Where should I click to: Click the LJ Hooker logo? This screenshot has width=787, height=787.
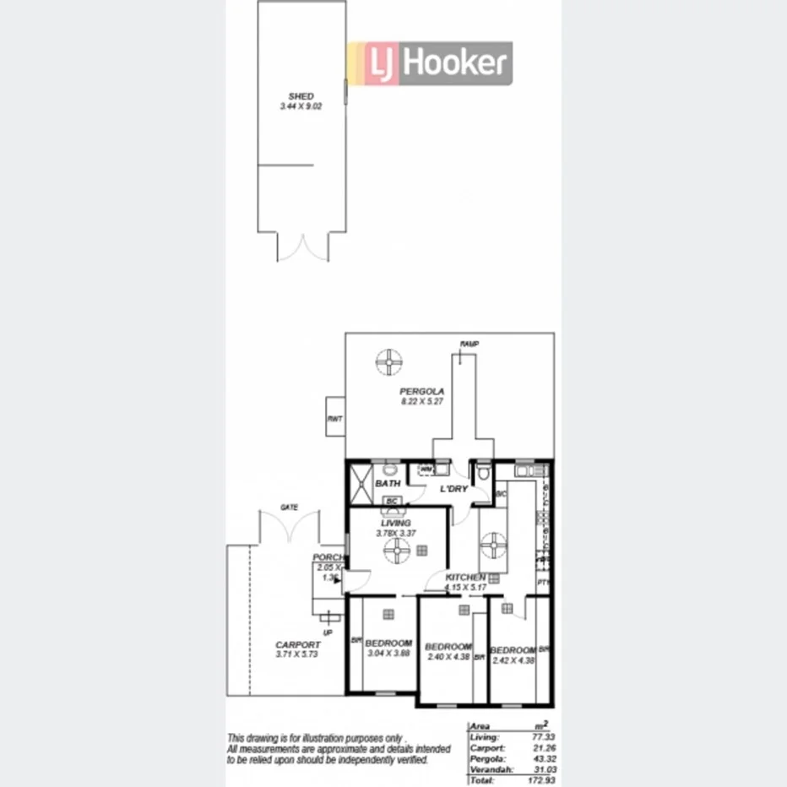(430, 63)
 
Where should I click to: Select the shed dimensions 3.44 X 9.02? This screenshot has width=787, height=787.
(301, 107)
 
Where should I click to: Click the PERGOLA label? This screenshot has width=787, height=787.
(421, 392)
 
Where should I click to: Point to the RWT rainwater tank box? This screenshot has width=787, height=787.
(334, 417)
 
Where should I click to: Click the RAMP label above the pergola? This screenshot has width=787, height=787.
(469, 344)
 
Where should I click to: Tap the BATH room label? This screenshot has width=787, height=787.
(388, 484)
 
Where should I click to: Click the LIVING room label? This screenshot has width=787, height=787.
(395, 524)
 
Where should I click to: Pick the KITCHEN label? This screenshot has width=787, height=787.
(465, 577)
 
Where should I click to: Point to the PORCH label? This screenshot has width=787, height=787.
(327, 557)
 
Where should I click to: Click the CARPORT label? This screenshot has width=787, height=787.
(298, 644)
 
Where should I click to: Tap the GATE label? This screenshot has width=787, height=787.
(290, 507)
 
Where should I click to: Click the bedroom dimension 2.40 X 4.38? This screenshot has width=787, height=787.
(448, 657)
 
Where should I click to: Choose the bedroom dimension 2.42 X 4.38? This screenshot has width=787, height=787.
(513, 659)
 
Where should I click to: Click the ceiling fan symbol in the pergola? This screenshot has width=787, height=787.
(388, 363)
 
